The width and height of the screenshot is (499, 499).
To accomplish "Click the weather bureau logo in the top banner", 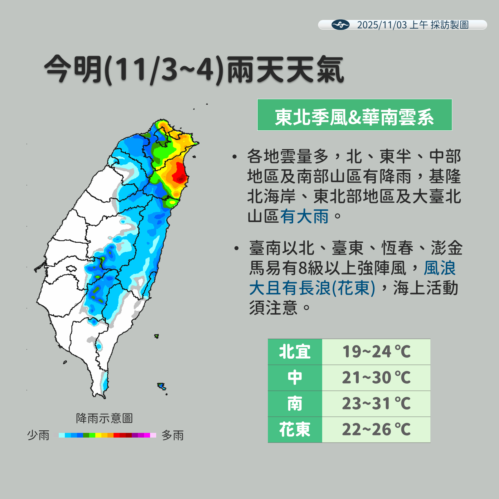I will click(x=340, y=25).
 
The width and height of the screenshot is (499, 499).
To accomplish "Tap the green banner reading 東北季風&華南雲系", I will click(x=354, y=115).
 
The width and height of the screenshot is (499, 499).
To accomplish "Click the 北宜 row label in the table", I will click(x=295, y=352).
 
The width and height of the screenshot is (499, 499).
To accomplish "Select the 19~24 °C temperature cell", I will click(x=376, y=352).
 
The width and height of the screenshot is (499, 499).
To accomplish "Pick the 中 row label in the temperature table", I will click(x=295, y=378).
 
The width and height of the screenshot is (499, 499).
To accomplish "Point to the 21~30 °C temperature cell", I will click(x=376, y=378).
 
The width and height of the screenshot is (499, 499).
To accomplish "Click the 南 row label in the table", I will click(x=295, y=404).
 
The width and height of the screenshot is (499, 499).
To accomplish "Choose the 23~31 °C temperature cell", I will click(x=376, y=404).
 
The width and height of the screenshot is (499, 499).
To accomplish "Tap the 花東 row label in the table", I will click(x=295, y=429).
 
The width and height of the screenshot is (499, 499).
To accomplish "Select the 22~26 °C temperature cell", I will click(x=376, y=429).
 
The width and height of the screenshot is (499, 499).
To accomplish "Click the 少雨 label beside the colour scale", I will click(x=38, y=435).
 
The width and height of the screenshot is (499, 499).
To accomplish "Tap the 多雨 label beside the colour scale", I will click(x=172, y=435).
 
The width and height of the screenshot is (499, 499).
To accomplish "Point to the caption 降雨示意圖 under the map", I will click(x=104, y=418).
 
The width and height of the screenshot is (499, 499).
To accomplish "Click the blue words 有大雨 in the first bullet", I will click(x=304, y=216).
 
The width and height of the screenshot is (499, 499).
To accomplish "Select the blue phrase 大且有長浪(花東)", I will click(x=312, y=288).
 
